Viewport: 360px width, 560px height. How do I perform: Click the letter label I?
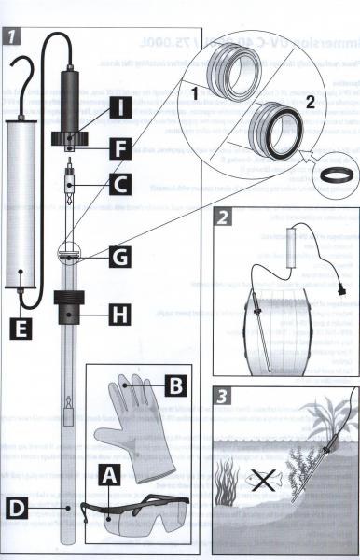click(x=120, y=107)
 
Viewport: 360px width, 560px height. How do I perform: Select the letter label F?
click(x=120, y=148)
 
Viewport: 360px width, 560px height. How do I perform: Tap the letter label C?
click(x=120, y=184)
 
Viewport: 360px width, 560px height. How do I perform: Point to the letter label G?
click(x=120, y=257)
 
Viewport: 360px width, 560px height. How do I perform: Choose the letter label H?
click(x=120, y=315)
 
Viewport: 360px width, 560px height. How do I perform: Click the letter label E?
click(x=21, y=329)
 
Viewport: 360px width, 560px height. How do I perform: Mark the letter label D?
click(x=17, y=508)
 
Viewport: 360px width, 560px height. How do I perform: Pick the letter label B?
click(x=176, y=385)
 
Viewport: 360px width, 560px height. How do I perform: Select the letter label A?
click(x=109, y=475)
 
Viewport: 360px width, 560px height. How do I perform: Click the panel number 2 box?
click(x=222, y=217)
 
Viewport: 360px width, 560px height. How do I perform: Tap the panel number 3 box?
click(x=222, y=396)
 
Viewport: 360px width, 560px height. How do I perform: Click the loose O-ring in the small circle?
click(x=338, y=175)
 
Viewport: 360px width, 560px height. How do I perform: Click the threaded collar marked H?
click(x=69, y=307)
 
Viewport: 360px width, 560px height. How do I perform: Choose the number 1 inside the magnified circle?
click(x=194, y=92)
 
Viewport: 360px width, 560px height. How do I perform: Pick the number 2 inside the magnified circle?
click(x=311, y=102)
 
